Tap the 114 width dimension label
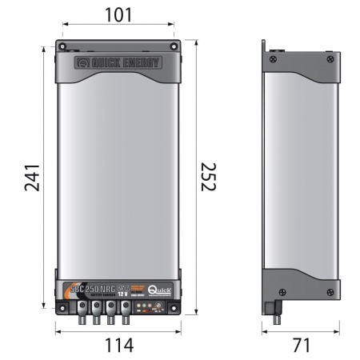click(118, 346)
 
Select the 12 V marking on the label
click(122, 293)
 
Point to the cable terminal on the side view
click(275, 314)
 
